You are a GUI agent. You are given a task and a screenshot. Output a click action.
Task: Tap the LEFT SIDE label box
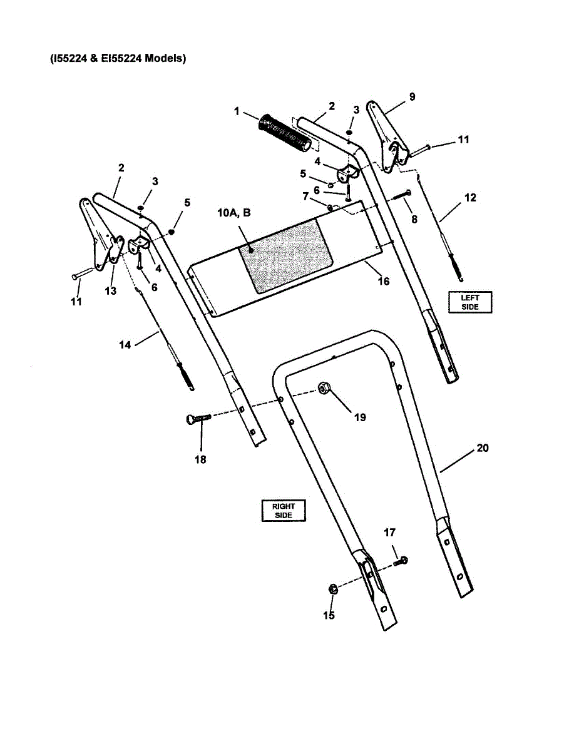(x=470, y=302)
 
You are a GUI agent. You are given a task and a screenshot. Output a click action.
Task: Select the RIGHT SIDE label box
(x=283, y=511)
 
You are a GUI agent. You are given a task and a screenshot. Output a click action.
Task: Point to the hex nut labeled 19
(x=324, y=389)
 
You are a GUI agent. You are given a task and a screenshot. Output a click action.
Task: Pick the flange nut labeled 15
(x=333, y=588)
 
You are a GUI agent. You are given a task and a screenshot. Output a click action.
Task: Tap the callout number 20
(x=482, y=448)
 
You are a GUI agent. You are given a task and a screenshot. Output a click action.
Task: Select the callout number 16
(x=384, y=281)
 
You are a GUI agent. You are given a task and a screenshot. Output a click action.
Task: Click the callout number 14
(x=126, y=344)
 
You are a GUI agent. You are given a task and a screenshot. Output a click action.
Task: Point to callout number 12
(x=470, y=198)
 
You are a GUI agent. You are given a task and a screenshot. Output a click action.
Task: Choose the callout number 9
(x=411, y=96)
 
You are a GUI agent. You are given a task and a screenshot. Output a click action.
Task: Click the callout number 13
(x=111, y=291)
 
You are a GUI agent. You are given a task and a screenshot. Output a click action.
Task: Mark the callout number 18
(x=200, y=459)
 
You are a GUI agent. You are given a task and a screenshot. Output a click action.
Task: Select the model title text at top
(x=118, y=59)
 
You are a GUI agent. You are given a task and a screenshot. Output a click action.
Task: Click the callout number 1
(x=237, y=111)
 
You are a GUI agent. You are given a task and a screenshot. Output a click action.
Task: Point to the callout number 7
(x=305, y=196)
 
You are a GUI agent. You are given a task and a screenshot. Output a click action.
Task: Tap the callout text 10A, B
(x=234, y=213)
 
